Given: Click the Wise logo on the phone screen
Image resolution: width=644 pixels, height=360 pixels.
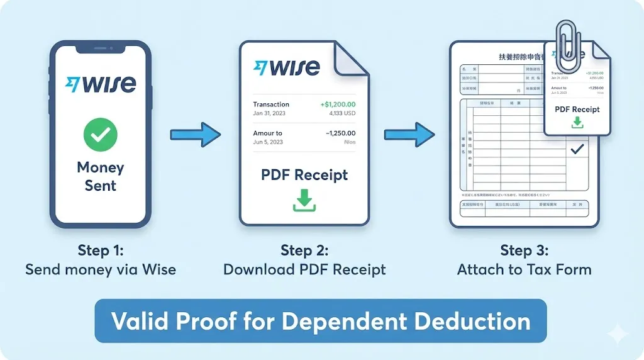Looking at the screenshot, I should [101, 84].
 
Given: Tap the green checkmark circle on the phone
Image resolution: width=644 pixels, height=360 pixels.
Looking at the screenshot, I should [101, 133].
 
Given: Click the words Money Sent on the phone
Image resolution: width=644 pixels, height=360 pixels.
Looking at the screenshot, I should [101, 176].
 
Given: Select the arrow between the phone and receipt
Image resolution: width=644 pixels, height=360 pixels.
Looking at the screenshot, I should [196, 133].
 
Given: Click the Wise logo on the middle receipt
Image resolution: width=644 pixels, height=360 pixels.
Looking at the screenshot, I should [286, 67].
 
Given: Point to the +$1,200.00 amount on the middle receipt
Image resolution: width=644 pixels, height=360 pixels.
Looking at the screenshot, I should [338, 104].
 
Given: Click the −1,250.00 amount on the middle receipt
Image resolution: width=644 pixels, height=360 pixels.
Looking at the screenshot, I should [340, 133].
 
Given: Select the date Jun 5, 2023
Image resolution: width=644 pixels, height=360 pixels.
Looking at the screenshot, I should [268, 142].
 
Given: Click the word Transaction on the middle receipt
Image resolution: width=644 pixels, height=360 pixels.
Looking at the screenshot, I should [271, 104].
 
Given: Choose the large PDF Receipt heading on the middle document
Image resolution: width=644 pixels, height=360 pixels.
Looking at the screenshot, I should [304, 174].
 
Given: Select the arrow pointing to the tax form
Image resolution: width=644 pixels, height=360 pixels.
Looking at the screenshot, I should [409, 133].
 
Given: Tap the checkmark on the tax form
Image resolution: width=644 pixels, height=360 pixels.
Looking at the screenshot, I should [577, 150].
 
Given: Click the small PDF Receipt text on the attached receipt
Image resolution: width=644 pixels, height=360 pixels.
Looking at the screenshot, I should [577, 109].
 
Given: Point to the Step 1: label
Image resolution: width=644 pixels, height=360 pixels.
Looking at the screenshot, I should [101, 250].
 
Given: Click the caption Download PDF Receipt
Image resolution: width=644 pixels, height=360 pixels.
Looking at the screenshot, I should [304, 270].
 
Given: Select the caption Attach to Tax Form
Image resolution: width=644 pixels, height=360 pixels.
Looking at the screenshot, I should [524, 270].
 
